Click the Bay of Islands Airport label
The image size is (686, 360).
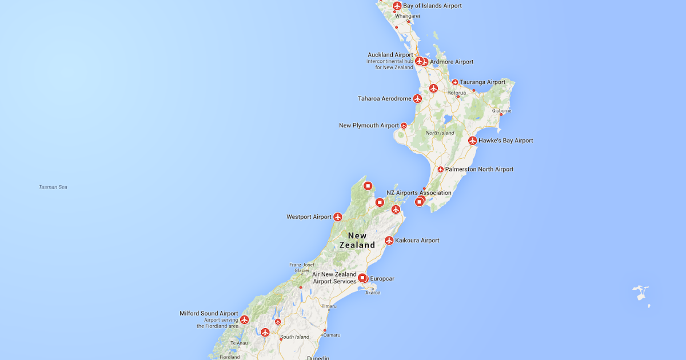pos(432,6)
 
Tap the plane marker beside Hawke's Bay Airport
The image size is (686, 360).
pos(473,141)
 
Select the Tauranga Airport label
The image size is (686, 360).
pos(482,82)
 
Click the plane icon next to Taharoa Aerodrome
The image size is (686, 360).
pos(417,99)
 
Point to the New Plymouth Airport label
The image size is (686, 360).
pos(369,126)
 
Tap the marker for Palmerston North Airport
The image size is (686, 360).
pos(441,170)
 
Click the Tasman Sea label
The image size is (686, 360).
pos(53,187)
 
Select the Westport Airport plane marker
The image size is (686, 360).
pos(338,217)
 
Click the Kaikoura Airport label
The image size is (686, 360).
pos(417,241)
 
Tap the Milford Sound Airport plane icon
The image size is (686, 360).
pos(245,320)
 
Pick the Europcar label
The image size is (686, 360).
pos(382,279)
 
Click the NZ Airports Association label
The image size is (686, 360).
pos(419,193)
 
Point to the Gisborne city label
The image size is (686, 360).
pos(501,111)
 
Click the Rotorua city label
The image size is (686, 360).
pos(457,93)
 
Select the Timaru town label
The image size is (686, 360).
pos(329,306)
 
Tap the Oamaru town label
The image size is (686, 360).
pos(332,335)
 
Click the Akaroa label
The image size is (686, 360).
pos(372,293)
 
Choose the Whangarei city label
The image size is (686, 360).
pos(408,16)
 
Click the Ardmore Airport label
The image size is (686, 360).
pos(452,62)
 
